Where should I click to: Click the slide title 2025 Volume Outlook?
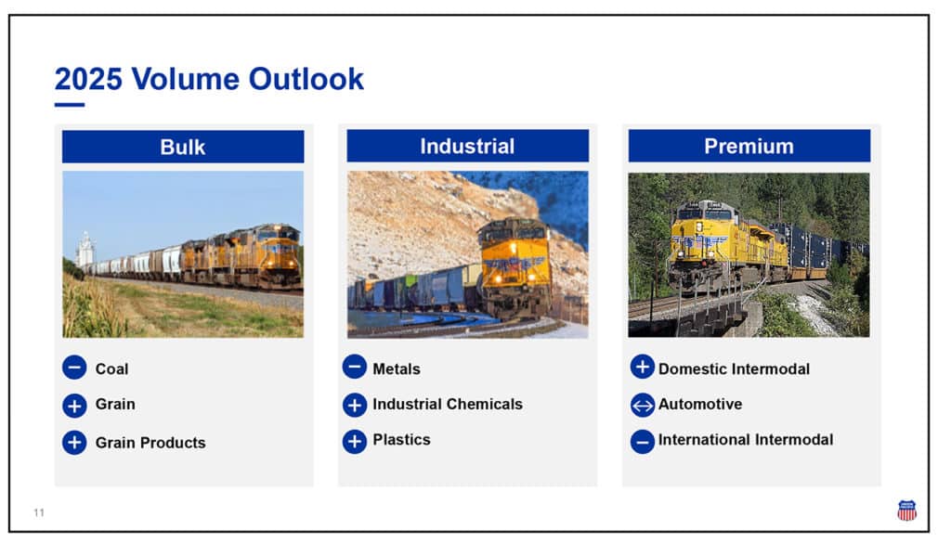point(209,79)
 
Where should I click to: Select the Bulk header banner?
point(183,147)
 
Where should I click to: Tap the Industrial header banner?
point(468,146)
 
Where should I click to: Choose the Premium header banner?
point(749,146)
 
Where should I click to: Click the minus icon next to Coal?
point(74,368)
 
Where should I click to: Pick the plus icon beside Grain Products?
point(74,442)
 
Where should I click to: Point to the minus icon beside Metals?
point(355,367)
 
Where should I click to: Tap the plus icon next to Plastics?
point(355,441)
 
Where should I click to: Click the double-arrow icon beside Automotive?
point(643,405)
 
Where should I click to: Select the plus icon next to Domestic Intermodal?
point(643,367)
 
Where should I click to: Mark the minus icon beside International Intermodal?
point(643,441)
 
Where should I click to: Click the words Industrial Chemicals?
point(448,404)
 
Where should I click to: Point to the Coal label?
point(111,369)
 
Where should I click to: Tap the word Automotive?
point(700,404)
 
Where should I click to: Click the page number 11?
point(39,512)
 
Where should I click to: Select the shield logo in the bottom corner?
point(906,511)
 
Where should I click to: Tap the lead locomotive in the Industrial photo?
point(515,268)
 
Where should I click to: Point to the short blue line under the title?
point(69,105)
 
